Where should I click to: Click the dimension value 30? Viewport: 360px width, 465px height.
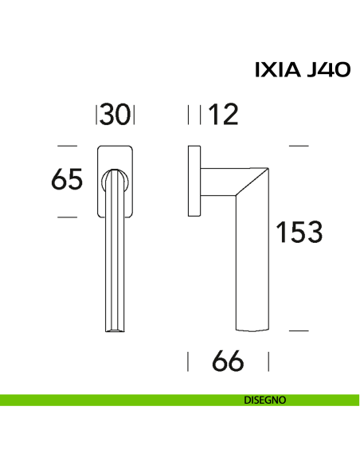coord(115,116)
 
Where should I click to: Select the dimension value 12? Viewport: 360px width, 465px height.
coord(222,116)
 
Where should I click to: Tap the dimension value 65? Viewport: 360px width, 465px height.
coord(67,181)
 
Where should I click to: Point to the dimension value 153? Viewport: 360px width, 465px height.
coord(298,232)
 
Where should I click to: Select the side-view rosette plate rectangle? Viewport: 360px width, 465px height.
coord(194,181)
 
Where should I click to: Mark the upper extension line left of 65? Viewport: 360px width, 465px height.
coord(68,146)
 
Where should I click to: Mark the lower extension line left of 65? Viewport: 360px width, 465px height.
coord(68,217)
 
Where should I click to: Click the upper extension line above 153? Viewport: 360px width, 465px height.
coord(297,146)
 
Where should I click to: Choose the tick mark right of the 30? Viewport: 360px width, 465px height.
coord(135,116)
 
